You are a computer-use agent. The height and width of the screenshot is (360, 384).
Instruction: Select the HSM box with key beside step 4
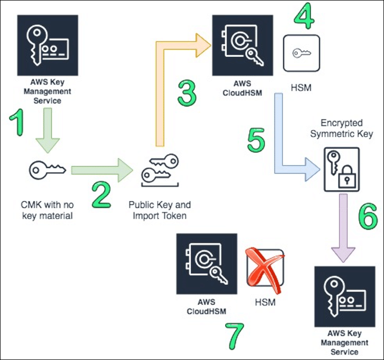click(x=301, y=53)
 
